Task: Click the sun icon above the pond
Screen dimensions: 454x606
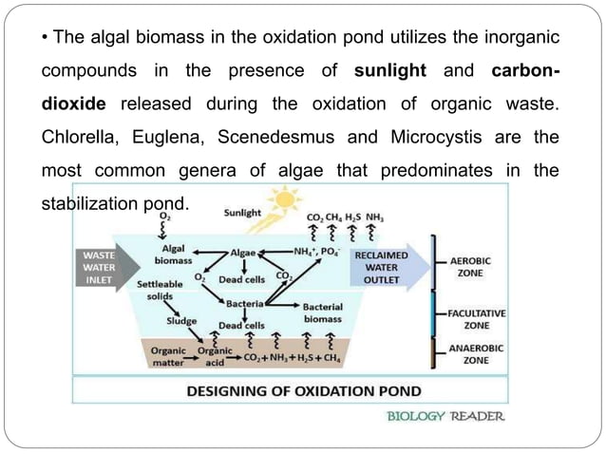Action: pos(282,202)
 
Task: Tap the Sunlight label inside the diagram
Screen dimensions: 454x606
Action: pos(243,215)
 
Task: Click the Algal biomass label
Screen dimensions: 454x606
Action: pos(172,253)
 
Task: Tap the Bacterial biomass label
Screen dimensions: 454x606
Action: pos(322,313)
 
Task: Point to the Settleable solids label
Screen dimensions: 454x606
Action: pos(157,290)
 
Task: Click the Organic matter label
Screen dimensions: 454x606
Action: pos(169,356)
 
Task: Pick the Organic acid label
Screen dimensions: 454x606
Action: pos(215,356)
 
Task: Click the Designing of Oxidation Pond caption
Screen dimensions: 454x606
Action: pos(290,390)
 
